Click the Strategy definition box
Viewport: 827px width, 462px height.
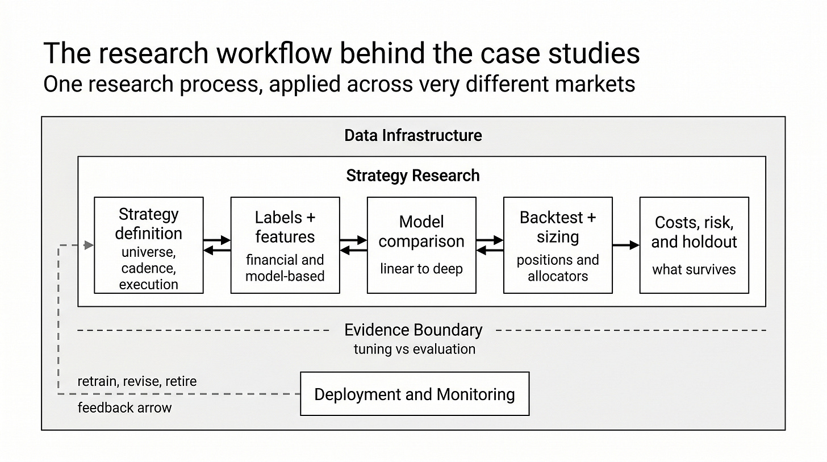click(x=148, y=245)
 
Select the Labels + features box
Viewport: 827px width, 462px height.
click(x=285, y=245)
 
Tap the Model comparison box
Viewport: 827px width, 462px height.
click(x=421, y=245)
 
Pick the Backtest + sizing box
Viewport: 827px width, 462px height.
click(x=558, y=245)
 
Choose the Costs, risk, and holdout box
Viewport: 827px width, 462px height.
click(x=694, y=245)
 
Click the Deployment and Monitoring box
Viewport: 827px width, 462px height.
click(x=415, y=394)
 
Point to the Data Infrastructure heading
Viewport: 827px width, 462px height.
click(x=413, y=136)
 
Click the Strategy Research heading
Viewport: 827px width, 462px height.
click(x=413, y=176)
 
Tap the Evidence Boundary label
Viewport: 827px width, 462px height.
click(x=413, y=330)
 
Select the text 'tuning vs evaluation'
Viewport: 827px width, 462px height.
click(x=415, y=349)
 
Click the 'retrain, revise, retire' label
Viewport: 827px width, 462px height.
click(x=137, y=381)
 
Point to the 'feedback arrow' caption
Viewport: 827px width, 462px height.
click(x=124, y=407)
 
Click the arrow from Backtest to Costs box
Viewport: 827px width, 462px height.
click(x=626, y=245)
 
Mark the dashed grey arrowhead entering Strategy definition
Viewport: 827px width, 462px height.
click(x=89, y=245)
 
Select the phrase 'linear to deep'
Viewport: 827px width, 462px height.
click(x=421, y=269)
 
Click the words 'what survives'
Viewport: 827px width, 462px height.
click(x=694, y=269)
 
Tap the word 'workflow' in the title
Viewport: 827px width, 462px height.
click(x=274, y=53)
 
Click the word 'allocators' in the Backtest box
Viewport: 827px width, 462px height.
click(x=558, y=276)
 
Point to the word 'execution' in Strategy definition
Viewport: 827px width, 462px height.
click(x=148, y=284)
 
